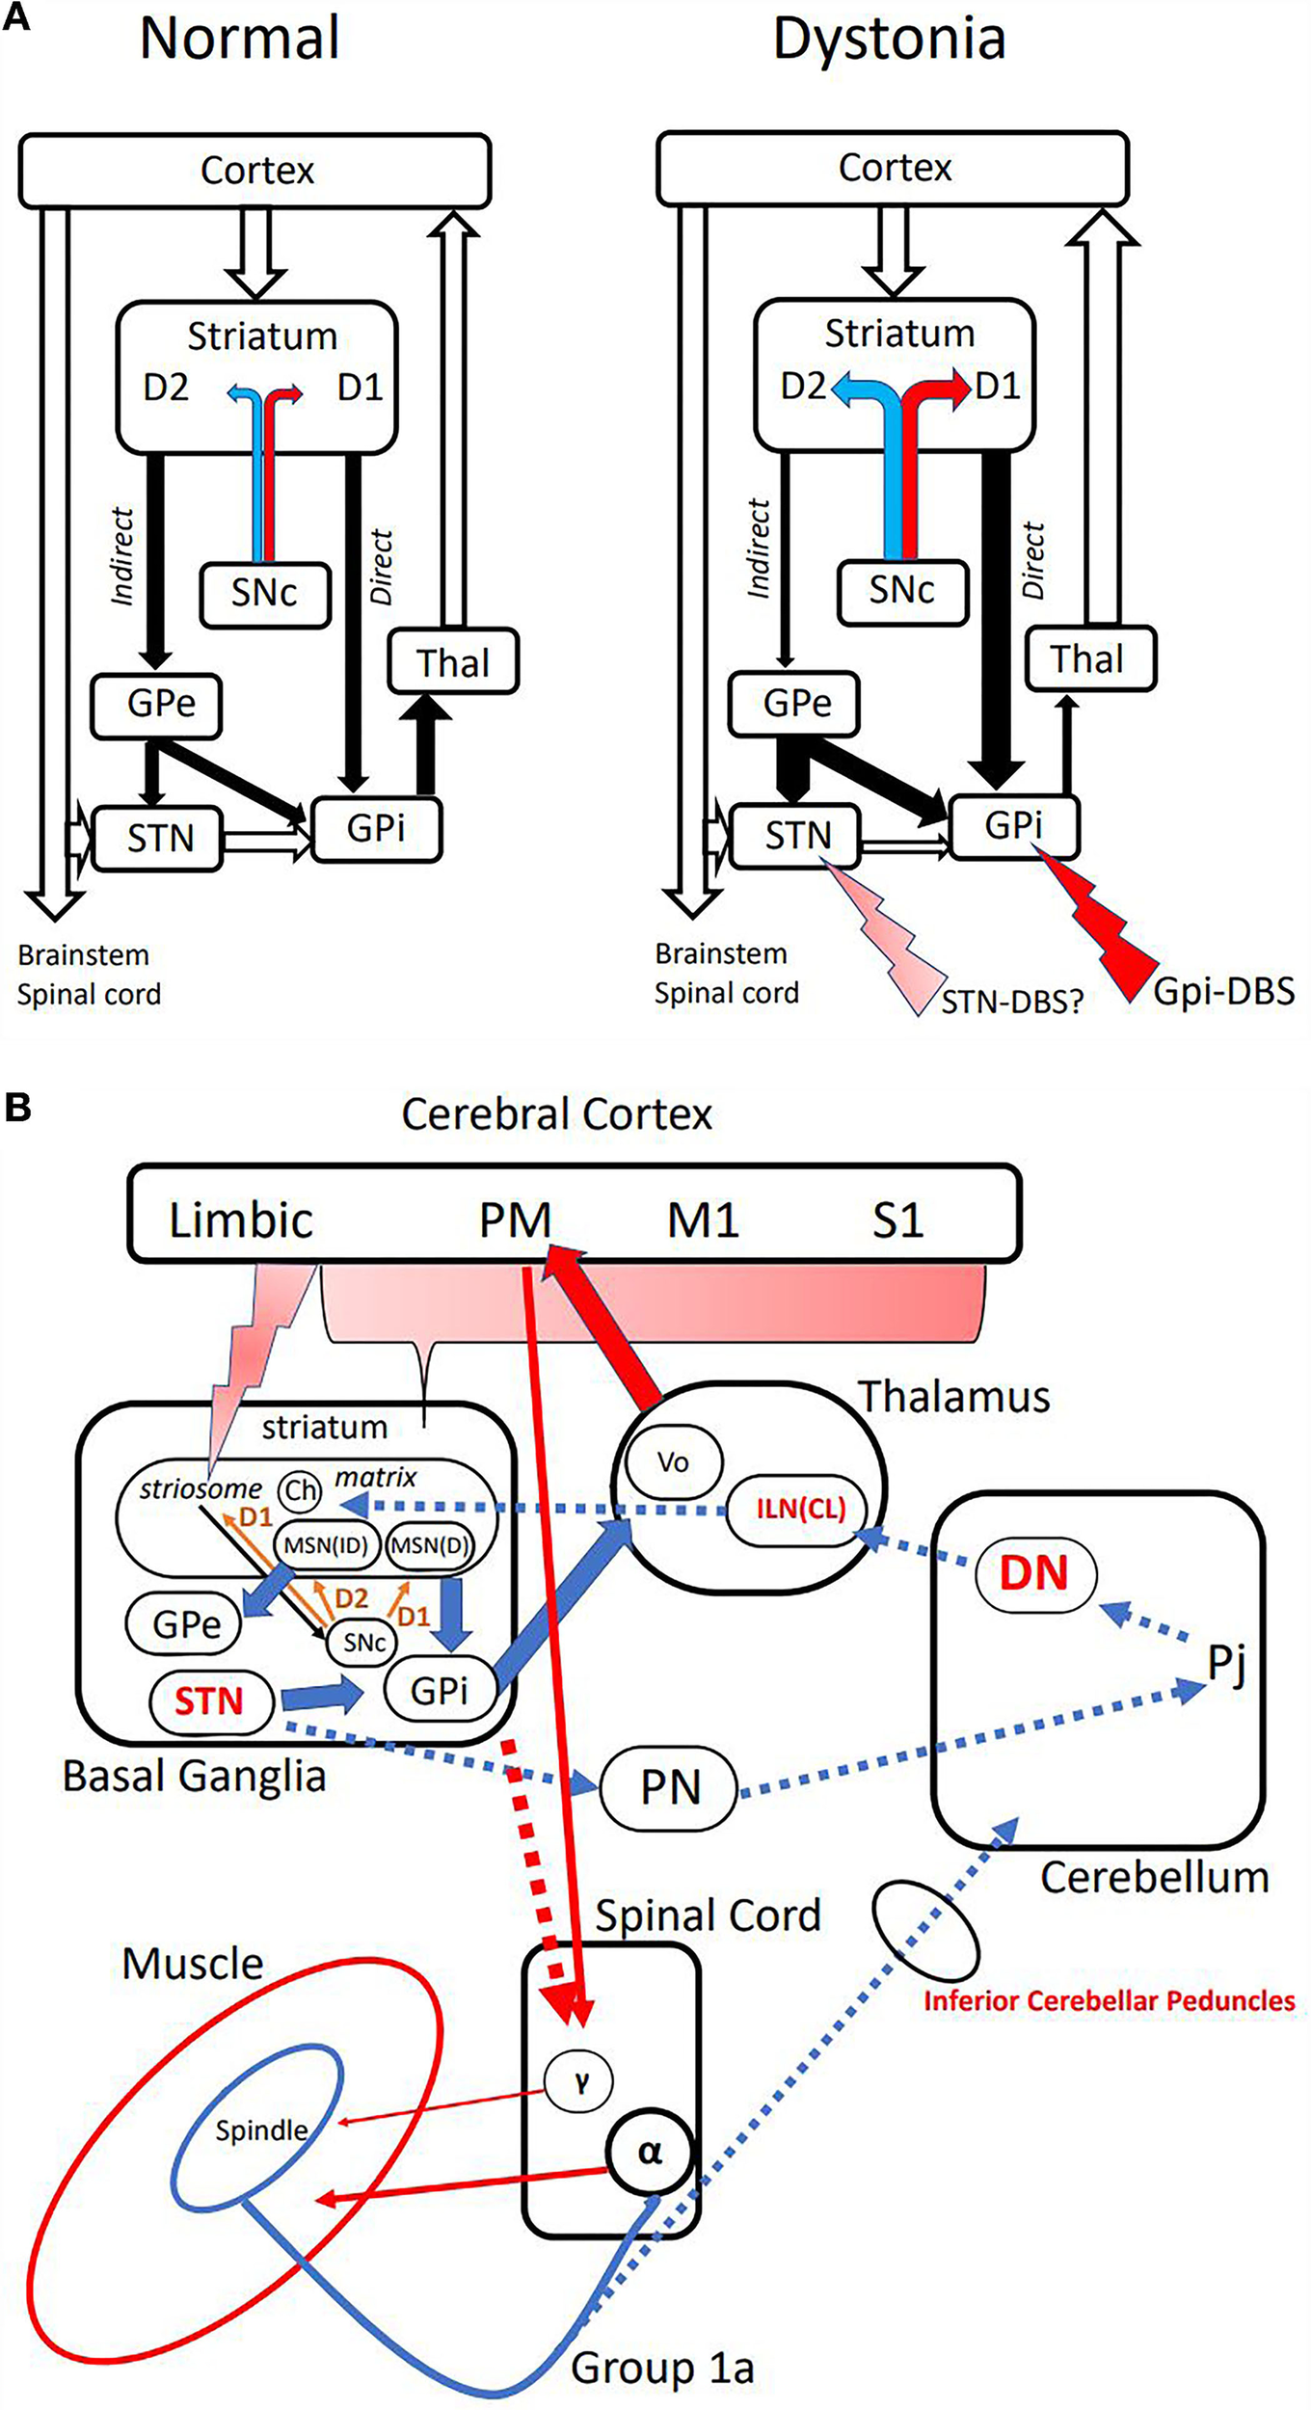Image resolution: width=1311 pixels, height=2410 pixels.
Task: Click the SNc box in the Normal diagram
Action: click(264, 593)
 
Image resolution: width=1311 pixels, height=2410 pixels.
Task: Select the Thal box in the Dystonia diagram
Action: click(1089, 659)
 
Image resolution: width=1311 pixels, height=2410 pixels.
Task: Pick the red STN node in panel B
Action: click(208, 1700)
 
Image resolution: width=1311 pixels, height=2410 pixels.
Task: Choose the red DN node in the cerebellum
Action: click(1034, 1573)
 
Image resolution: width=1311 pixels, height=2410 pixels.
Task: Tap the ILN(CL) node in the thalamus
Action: click(800, 1509)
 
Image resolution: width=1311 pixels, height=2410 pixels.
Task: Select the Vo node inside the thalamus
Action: click(673, 1462)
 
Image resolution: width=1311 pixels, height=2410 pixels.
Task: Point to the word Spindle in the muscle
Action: click(261, 2130)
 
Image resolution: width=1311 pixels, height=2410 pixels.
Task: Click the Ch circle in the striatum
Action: click(299, 1490)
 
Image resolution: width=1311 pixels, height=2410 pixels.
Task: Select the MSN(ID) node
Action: click(326, 1544)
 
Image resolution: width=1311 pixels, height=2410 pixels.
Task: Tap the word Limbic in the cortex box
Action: click(241, 1219)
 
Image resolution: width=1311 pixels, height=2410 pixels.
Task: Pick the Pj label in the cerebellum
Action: click(1226, 1663)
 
